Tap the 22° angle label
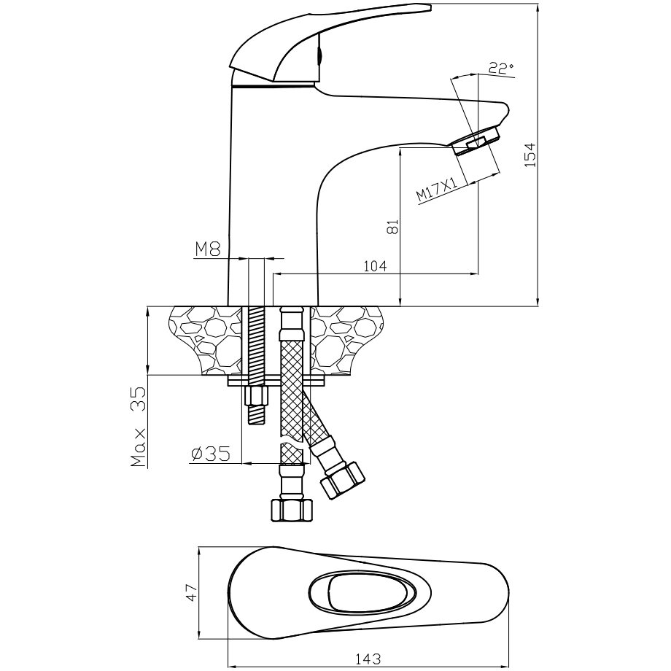click(x=501, y=68)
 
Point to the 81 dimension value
click(x=392, y=227)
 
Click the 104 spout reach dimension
click(x=374, y=266)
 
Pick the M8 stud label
click(x=207, y=249)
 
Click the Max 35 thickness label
click(x=139, y=427)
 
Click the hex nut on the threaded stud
click(x=255, y=397)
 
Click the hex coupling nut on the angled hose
click(x=343, y=479)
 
